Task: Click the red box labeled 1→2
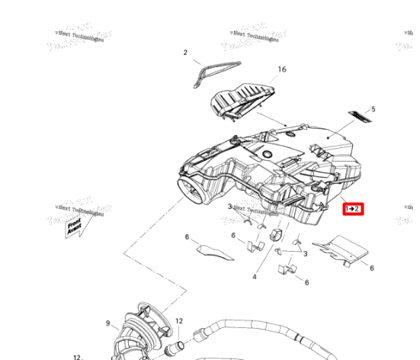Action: (352, 208)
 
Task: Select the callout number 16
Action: (281, 69)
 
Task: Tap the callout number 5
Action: (373, 109)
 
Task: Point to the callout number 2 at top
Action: (184, 53)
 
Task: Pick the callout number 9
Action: (108, 323)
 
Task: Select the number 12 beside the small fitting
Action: (179, 322)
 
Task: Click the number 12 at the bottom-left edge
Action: (77, 356)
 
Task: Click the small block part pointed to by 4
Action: (276, 235)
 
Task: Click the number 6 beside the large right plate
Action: (372, 268)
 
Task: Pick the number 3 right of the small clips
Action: (305, 253)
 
